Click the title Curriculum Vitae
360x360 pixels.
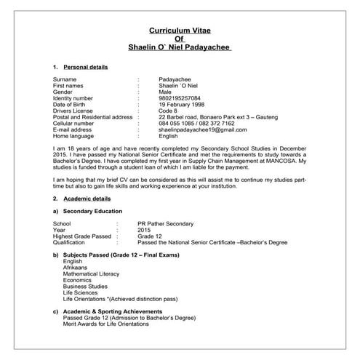[x=179, y=32]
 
